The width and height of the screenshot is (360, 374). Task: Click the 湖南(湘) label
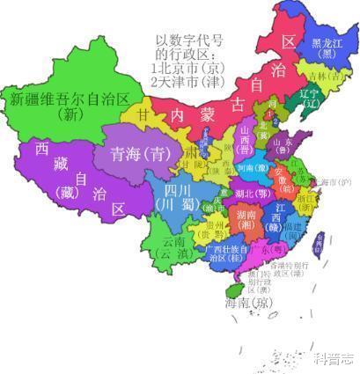coord(247,216)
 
